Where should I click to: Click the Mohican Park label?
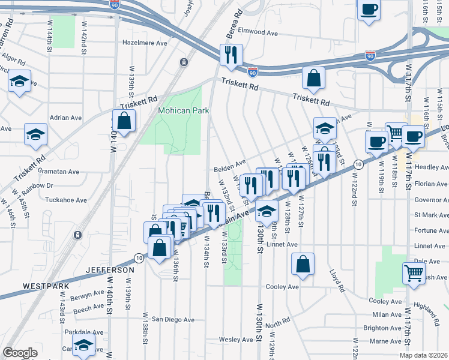[182, 111]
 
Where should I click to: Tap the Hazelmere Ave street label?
[145, 43]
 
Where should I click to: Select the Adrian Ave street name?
[65, 118]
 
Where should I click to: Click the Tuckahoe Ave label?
[67, 200]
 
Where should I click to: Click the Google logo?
[20, 353]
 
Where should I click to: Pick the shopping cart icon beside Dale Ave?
[414, 274]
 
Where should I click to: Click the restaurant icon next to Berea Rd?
[231, 55]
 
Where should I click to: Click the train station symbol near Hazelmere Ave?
[183, 62]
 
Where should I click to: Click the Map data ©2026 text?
[424, 354]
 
